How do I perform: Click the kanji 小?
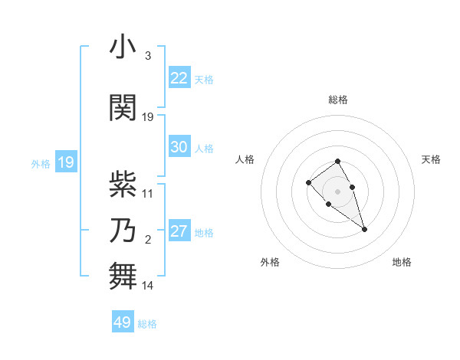click(123, 48)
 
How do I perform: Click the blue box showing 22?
click(179, 78)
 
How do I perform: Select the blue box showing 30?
click(179, 147)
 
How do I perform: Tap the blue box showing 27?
click(179, 231)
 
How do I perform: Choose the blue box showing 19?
click(65, 162)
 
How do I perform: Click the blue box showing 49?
click(123, 322)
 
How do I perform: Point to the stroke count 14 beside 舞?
click(148, 286)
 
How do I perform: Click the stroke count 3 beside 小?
click(147, 56)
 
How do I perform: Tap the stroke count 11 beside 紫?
click(148, 194)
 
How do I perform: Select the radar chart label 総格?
click(338, 100)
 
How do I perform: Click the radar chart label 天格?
click(432, 159)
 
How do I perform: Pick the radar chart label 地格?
click(402, 262)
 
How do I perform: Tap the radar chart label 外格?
click(270, 262)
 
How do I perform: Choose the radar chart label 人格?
click(245, 159)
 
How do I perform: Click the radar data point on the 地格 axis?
click(364, 229)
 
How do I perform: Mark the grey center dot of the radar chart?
click(337, 191)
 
